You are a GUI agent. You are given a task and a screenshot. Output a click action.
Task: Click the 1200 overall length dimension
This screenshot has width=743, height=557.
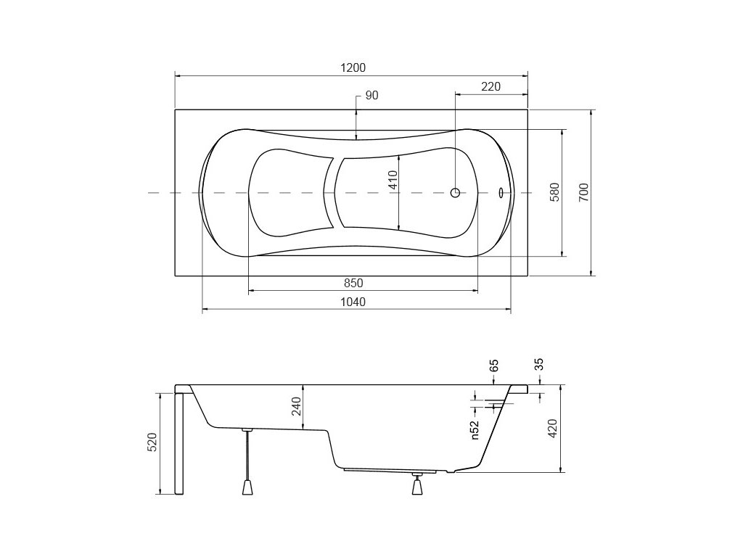(353, 67)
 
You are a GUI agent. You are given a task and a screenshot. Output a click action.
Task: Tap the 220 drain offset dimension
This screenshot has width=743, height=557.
(491, 87)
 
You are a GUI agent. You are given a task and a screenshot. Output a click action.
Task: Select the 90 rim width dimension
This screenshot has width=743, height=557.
(372, 95)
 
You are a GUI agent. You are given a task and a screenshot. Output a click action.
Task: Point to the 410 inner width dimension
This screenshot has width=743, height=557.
(393, 180)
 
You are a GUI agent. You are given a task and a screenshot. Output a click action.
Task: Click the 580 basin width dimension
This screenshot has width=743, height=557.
(555, 192)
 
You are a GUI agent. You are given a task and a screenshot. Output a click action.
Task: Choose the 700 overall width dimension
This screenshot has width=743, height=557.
(584, 192)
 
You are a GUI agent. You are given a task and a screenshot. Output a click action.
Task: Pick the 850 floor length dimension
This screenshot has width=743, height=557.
(353, 284)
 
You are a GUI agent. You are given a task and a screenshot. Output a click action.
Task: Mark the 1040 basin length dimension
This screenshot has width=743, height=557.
(353, 302)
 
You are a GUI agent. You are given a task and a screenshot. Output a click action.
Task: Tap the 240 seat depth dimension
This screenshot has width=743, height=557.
(296, 406)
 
